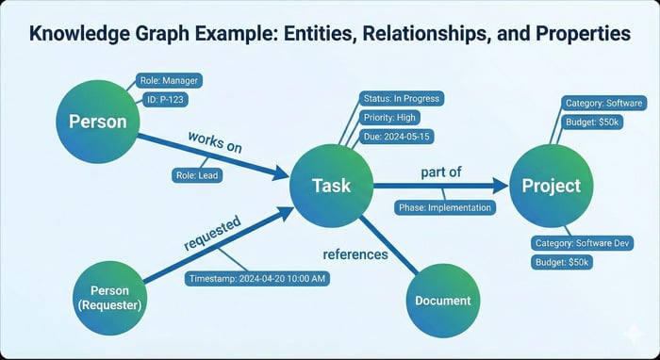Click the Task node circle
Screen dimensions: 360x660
click(x=331, y=185)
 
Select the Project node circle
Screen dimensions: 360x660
click(x=552, y=186)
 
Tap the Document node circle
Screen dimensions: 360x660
click(x=442, y=301)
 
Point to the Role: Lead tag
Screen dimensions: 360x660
click(x=196, y=174)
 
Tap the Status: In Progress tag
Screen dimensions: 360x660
click(x=401, y=99)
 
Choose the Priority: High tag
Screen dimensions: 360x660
click(x=389, y=118)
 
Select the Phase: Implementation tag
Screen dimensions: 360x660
click(x=444, y=207)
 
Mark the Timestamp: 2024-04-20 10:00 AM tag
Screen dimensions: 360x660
click(x=256, y=279)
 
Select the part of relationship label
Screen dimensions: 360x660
click(x=441, y=173)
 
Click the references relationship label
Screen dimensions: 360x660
click(x=355, y=254)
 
